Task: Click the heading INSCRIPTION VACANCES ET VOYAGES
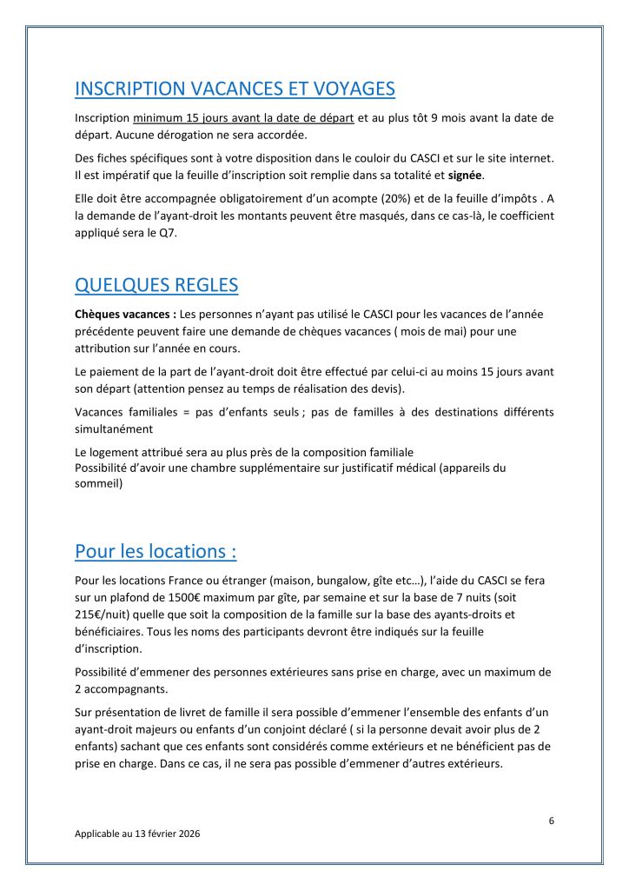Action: pyautogui.click(x=235, y=89)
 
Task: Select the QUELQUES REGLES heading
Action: pyautogui.click(x=156, y=285)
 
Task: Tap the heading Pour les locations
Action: pyautogui.click(x=156, y=551)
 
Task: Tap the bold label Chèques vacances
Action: pyautogui.click(x=113, y=313)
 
